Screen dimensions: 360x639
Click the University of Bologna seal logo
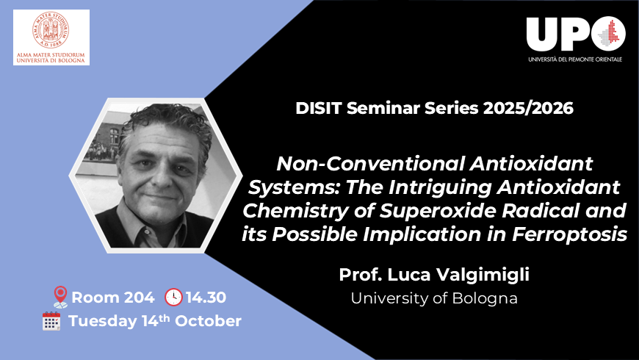[x=51, y=29]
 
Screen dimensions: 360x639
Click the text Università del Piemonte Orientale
[x=574, y=59]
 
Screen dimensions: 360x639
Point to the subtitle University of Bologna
[x=433, y=298]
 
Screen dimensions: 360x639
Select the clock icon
[x=173, y=297]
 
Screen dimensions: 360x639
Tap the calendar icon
[x=51, y=322]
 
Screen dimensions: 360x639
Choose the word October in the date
[x=209, y=322]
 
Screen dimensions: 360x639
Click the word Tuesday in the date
[x=102, y=322]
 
